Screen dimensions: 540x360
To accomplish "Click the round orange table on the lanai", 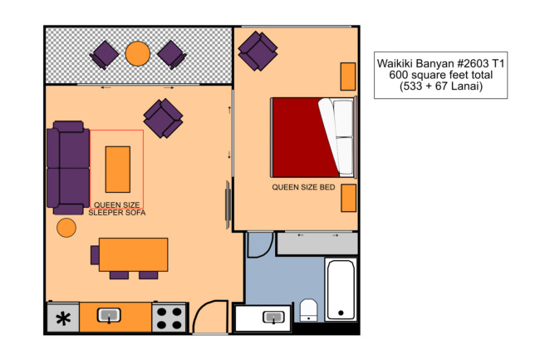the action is point(138,54).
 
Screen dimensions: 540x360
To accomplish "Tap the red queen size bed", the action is point(313,137).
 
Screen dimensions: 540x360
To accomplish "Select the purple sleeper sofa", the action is point(68,168).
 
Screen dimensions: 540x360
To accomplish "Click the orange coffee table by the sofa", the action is point(118,170).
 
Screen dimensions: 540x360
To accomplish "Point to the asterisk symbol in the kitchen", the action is point(63,318).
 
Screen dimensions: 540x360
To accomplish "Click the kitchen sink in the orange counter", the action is point(109,316).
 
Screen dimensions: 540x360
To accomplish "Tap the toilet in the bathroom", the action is point(308,310).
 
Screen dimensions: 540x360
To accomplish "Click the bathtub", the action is point(341,289).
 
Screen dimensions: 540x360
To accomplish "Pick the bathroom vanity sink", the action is point(274,318).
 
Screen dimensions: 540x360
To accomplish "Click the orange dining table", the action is point(134,254).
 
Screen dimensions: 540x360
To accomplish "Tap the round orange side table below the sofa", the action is point(66,228).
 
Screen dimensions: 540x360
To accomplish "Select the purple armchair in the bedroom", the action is point(258,51).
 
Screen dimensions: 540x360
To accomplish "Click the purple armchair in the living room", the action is point(163,119).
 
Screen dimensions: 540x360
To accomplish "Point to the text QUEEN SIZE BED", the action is point(303,187).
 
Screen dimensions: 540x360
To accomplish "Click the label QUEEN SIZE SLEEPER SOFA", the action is point(117,209).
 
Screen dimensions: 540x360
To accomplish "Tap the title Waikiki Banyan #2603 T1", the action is point(441,64).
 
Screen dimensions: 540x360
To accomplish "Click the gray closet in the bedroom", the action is point(317,244).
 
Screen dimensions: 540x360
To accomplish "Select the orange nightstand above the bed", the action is point(348,76).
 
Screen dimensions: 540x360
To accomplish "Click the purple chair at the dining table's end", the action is point(95,255).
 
